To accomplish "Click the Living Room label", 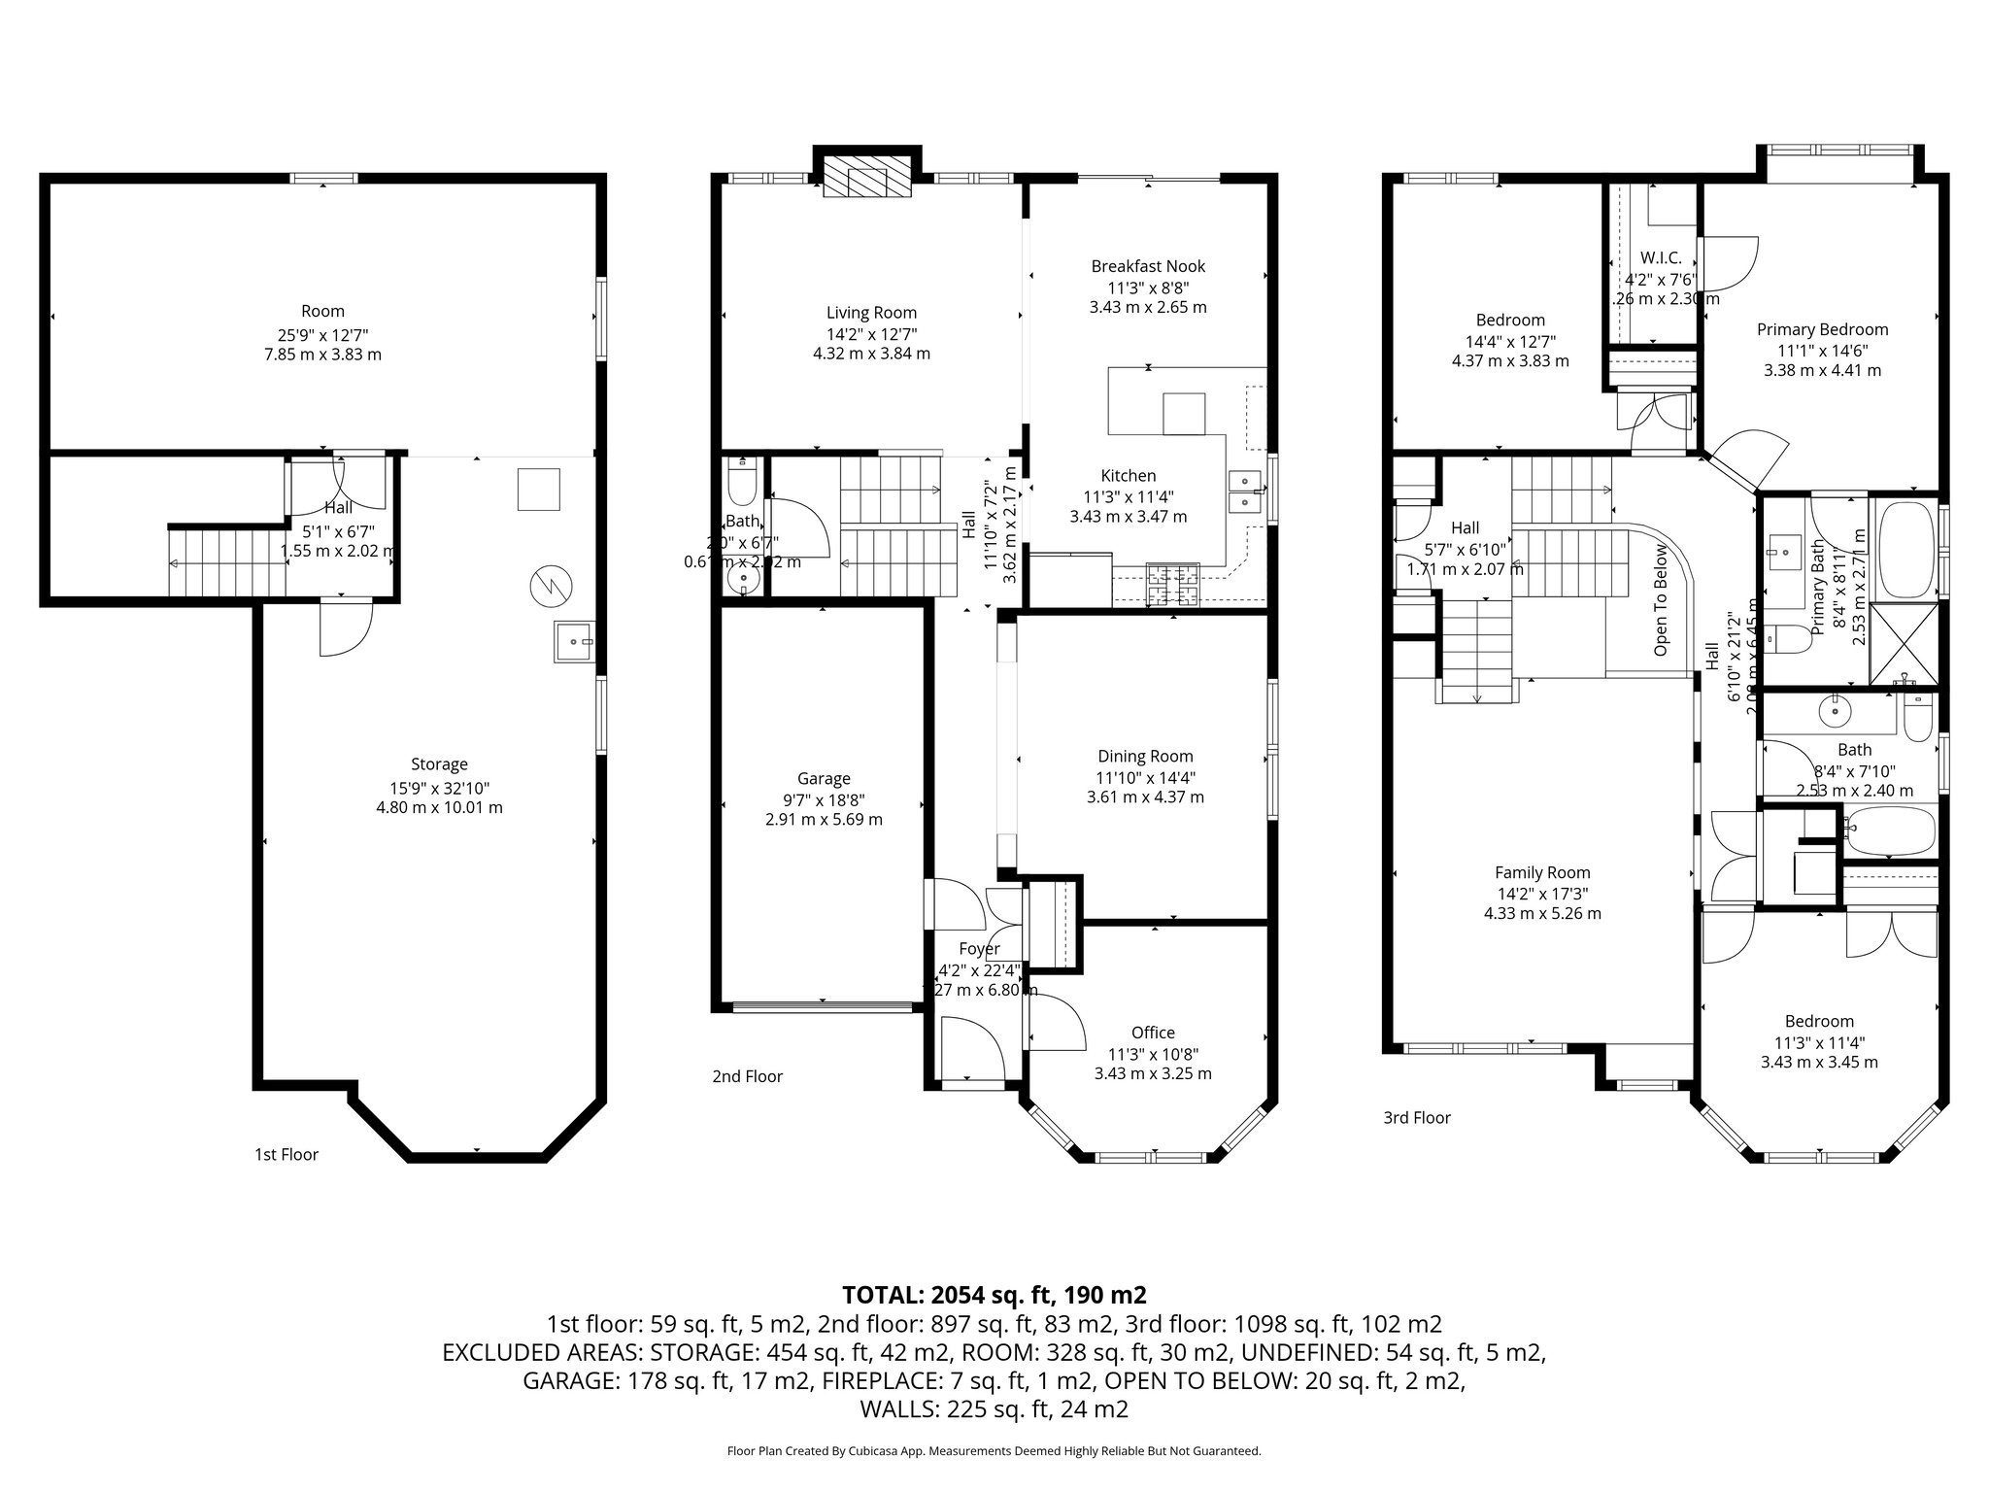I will point(871,313).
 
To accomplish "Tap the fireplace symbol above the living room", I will point(867,181).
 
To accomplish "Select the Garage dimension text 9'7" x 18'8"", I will point(824,799).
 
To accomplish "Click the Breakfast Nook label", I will point(1148,266).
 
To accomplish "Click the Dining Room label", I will point(1145,757).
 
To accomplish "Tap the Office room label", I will point(1153,1033).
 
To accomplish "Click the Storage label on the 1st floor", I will point(439,764).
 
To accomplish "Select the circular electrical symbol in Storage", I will point(551,585).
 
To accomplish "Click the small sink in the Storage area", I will point(574,642).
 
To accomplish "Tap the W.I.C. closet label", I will point(1660,258).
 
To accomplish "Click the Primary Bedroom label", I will point(1822,329).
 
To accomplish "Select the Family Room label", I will point(1542,872).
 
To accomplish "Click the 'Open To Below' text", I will point(1661,599).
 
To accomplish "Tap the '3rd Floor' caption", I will point(1417,1118).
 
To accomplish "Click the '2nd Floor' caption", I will point(747,1076).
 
